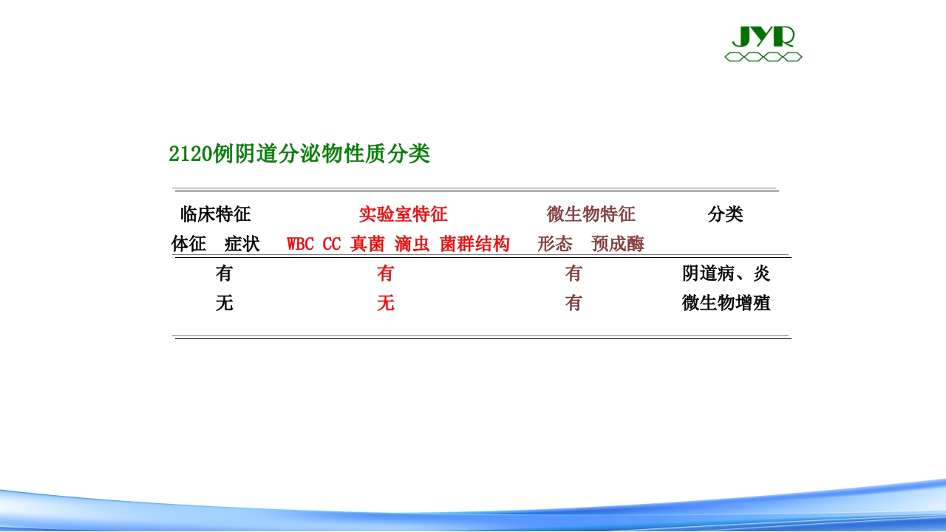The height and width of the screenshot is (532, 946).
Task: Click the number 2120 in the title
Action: coord(190,154)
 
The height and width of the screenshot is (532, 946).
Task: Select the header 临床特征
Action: coord(215,214)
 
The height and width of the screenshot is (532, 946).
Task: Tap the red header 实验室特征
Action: coord(403,214)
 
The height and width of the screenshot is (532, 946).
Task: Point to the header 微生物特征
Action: coord(591,214)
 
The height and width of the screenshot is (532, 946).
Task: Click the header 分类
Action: coord(725,214)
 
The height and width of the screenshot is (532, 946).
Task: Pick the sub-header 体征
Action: coord(188,244)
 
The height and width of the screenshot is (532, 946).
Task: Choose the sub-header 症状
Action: coord(242,244)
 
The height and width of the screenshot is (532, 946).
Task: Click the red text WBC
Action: coord(300,244)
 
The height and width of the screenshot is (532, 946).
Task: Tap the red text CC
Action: coord(332,244)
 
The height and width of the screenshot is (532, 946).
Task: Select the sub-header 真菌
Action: coord(367,244)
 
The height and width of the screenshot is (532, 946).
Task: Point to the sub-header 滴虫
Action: coord(412,244)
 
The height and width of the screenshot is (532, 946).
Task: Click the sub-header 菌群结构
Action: coord(474,244)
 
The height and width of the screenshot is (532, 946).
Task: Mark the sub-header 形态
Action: coord(555,244)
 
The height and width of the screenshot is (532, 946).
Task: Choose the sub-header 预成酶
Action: coord(617,244)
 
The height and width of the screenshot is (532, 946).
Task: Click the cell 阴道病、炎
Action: coord(726,273)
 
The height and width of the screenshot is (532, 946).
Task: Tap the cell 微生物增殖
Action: coord(726,303)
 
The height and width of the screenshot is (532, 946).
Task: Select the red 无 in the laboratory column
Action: coord(386,303)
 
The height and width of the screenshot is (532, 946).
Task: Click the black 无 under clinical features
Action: coord(224,303)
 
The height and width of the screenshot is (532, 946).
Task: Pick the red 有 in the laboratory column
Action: coord(386,273)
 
